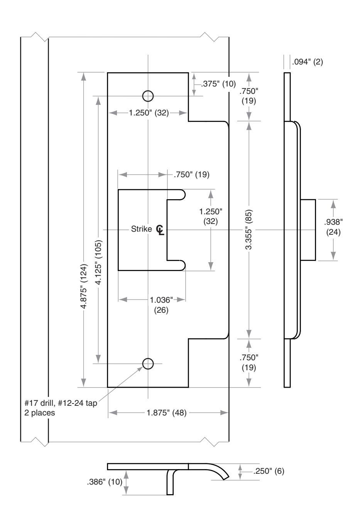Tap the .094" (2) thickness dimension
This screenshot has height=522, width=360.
(x=308, y=62)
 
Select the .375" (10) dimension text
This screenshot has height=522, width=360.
(x=218, y=84)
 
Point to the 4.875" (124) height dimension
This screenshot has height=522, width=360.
(x=84, y=286)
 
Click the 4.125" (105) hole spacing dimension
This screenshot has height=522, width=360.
(x=99, y=262)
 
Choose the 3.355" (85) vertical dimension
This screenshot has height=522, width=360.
(x=249, y=230)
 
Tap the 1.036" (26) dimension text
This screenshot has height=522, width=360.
(x=161, y=305)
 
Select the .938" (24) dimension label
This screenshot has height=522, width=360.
(x=333, y=227)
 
